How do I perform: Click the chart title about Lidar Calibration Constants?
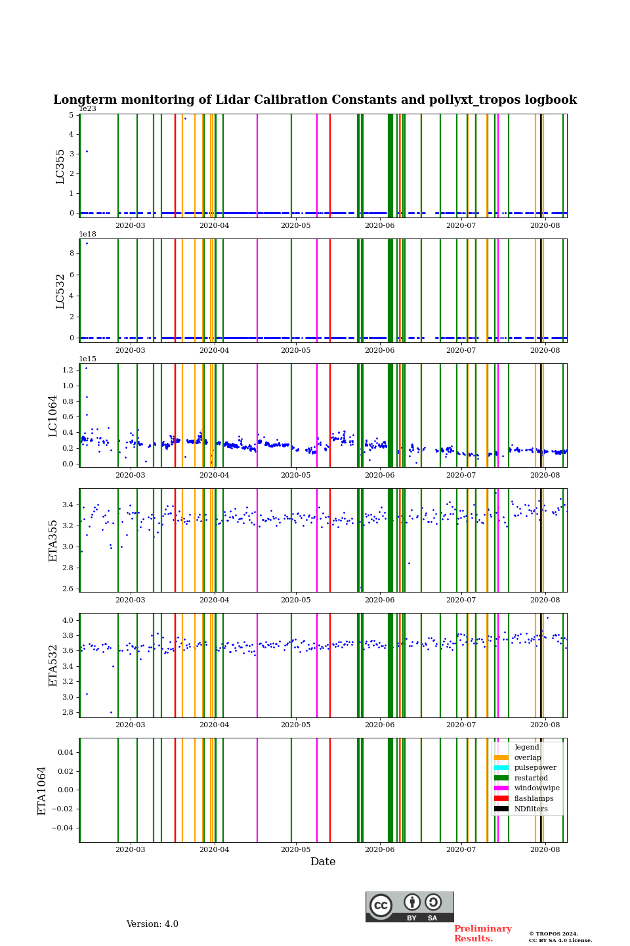click(x=315, y=100)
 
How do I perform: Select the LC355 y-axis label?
click(x=60, y=166)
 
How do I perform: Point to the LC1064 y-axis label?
click(x=53, y=416)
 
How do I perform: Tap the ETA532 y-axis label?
click(x=53, y=665)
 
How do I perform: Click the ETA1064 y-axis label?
click(x=42, y=790)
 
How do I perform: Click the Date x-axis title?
click(x=323, y=862)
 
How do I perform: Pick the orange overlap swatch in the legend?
click(x=501, y=757)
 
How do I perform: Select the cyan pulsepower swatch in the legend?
click(x=501, y=768)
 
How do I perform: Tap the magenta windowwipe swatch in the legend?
click(x=501, y=788)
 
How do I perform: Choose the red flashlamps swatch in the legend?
click(x=501, y=799)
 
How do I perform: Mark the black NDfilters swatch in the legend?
click(x=501, y=809)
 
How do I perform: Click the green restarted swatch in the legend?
click(x=501, y=778)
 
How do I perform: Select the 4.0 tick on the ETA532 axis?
click(x=68, y=620)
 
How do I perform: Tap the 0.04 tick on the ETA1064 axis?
click(x=64, y=752)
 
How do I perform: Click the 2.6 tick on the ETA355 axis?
click(x=68, y=589)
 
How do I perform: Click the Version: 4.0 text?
click(x=152, y=924)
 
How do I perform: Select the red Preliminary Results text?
click(x=482, y=934)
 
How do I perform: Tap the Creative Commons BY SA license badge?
click(x=409, y=907)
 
